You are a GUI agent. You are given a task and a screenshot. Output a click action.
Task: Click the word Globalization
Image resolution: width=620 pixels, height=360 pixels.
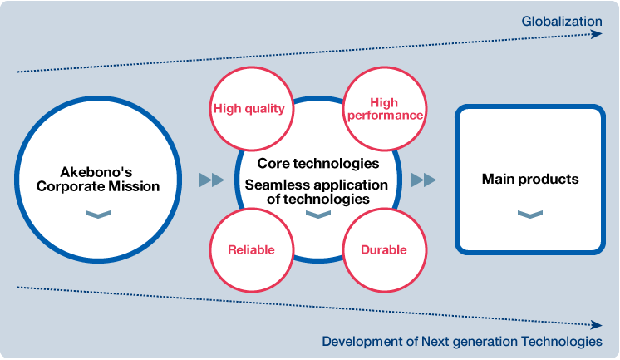562,21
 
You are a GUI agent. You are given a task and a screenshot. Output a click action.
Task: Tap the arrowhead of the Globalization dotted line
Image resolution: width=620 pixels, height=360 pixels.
597,34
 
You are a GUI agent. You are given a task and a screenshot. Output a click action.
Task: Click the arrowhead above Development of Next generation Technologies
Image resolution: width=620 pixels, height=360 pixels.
597,325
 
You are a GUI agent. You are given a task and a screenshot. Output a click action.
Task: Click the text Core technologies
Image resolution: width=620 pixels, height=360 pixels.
318,164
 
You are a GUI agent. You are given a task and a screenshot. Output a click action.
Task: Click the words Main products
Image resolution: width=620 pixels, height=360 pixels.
530,180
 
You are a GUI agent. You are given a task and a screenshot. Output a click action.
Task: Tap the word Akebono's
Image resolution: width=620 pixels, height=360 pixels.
96,172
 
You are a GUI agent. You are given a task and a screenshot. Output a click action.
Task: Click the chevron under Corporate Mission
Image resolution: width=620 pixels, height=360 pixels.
98,214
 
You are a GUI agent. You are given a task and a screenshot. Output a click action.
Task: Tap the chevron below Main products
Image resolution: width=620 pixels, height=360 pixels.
530,214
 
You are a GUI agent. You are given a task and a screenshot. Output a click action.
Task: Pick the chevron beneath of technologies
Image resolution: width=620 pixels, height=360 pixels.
318,214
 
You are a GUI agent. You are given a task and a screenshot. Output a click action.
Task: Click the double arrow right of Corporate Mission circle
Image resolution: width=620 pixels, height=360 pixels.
212,180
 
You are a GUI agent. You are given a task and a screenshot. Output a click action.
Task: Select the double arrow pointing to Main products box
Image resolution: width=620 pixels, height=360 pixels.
424,180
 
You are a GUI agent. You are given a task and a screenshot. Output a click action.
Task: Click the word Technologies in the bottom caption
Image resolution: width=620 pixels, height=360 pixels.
562,341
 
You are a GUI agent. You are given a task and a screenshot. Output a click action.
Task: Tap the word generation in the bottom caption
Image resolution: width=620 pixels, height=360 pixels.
483,342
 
